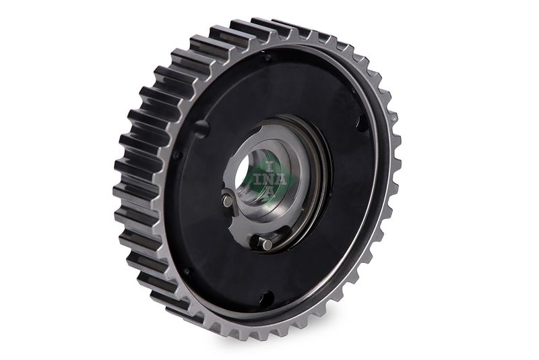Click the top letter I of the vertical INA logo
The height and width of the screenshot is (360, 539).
tap(268, 166)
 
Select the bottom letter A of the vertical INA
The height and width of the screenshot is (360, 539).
tap(269, 192)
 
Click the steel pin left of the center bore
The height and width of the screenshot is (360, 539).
tap(227, 200)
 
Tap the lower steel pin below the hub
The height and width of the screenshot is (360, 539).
tap(267, 244)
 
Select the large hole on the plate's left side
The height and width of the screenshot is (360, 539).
tap(201, 127)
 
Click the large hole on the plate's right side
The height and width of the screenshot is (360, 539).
tap(363, 123)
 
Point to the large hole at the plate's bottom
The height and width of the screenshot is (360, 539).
tap(267, 297)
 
